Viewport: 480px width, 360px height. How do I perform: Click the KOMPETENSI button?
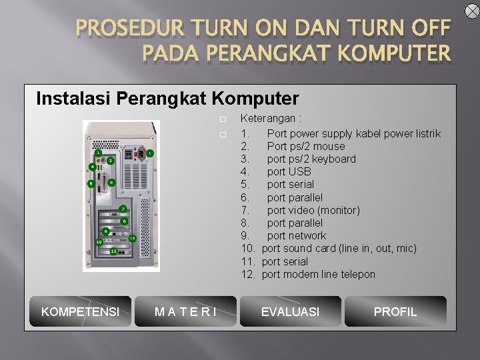pos(80,311)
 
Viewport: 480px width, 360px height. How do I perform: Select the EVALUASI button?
pos(290,311)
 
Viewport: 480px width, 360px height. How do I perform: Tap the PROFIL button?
pos(395,311)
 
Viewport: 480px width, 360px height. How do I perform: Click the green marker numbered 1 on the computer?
pos(150,153)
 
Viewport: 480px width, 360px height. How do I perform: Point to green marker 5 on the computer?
pos(90,183)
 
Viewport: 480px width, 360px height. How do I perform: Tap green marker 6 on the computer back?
pos(111,182)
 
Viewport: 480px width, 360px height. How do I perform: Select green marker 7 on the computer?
pos(123,209)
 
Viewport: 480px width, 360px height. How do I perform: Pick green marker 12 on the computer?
pos(114,251)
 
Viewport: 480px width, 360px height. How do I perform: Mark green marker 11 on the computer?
pos(132,238)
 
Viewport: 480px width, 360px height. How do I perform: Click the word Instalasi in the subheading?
pos(73,99)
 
